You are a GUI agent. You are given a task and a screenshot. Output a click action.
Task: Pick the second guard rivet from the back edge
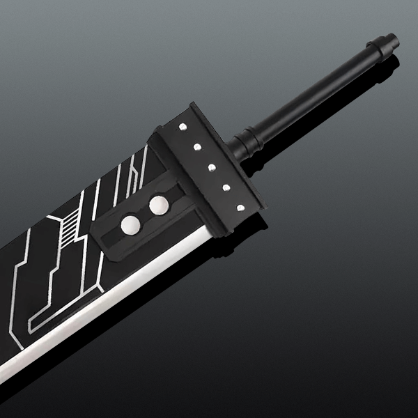197,147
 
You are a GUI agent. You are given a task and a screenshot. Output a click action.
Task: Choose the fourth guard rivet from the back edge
226,187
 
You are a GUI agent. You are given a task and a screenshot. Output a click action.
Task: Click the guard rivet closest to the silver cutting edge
240,206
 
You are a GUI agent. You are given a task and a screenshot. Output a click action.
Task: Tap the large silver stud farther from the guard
130,224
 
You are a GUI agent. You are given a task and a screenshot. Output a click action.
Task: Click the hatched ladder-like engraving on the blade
69,226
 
